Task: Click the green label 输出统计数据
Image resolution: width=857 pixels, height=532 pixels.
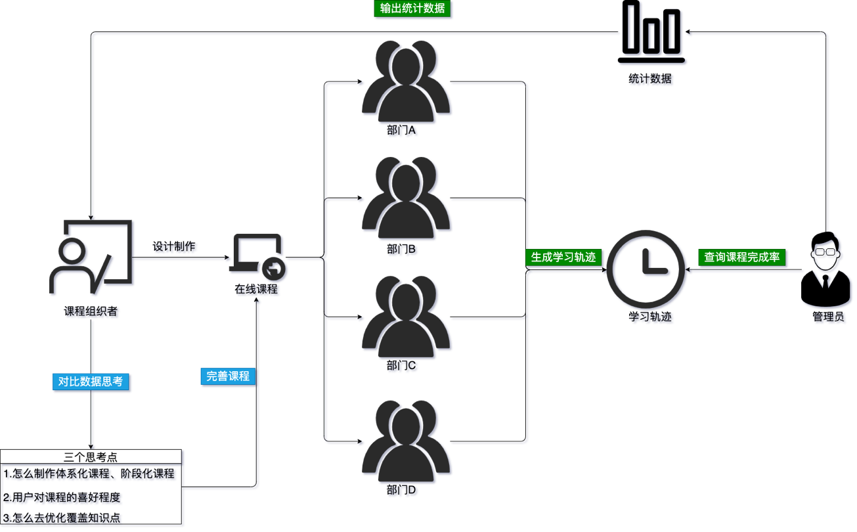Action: [x=413, y=9]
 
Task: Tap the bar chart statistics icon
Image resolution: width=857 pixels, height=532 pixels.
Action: [x=652, y=33]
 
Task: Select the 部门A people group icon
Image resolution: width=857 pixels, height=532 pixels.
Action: [x=407, y=82]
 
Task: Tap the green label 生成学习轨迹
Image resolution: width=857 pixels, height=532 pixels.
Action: [x=563, y=257]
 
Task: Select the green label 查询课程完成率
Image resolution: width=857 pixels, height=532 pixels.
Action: [x=742, y=257]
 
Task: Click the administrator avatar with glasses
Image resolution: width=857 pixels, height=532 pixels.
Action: [x=827, y=269]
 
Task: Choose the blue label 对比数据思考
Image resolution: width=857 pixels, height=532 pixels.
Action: [x=91, y=382]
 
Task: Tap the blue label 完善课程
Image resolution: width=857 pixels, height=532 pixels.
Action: [x=228, y=376]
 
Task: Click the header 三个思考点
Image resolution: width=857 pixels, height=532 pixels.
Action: [x=91, y=456]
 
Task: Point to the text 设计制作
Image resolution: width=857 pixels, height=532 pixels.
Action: [x=175, y=247]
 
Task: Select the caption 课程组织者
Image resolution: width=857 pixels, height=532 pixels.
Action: [x=92, y=313]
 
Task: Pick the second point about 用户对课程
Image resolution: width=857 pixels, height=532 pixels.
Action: [x=63, y=497]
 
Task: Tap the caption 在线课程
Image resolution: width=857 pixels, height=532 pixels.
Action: [x=257, y=290]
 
